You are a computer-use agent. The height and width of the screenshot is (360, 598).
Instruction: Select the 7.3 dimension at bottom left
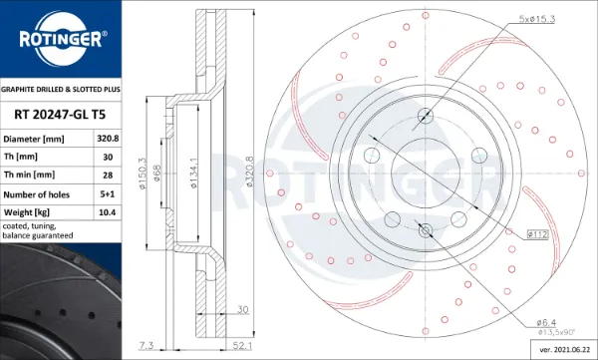pos(148,346)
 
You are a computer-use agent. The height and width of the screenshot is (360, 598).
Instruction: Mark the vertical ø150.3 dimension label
pos(144,176)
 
